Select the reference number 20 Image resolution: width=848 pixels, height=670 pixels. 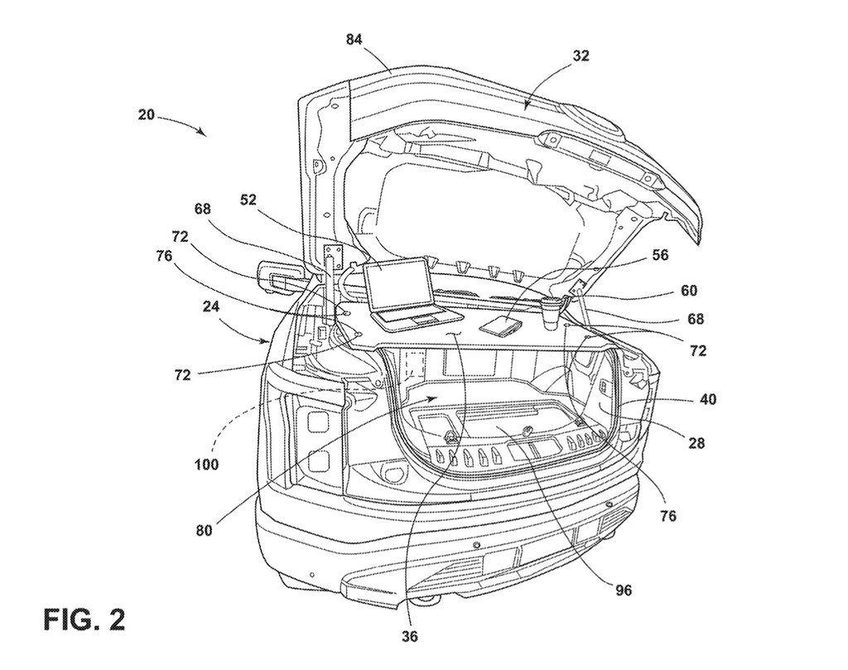146,116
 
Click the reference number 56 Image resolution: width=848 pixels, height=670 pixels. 659,256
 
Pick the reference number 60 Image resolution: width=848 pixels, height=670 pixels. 688,291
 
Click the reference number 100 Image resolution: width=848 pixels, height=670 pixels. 206,465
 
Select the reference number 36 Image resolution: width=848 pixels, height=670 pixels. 410,637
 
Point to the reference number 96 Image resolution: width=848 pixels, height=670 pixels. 623,590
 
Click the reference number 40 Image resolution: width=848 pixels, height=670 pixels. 706,398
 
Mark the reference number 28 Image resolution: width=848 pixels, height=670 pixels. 696,443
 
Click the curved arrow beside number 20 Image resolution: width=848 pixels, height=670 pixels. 182,123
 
